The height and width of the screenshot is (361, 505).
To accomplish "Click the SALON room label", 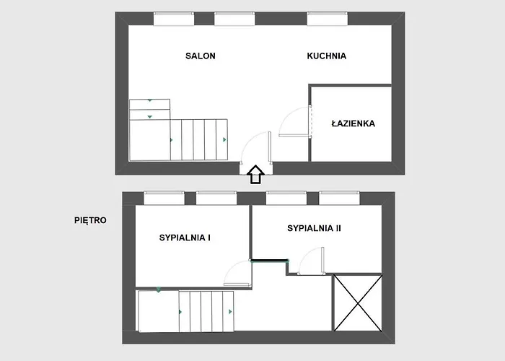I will (x=201, y=56).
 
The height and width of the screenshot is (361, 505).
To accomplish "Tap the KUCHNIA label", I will (x=327, y=56).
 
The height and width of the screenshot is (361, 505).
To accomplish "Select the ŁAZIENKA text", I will (x=353, y=123).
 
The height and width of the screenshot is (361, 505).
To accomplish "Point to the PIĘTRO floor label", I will (x=90, y=220).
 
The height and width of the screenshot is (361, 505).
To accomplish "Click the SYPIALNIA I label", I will (x=185, y=237).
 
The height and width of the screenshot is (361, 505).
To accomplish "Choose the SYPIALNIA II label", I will (x=314, y=228).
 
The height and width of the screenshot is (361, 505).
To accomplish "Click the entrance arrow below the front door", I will (x=255, y=175).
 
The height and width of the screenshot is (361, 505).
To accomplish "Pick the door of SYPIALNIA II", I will (x=311, y=261).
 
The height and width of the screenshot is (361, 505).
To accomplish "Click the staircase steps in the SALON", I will (x=198, y=139).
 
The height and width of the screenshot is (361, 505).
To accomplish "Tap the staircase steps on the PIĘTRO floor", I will (x=206, y=311).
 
